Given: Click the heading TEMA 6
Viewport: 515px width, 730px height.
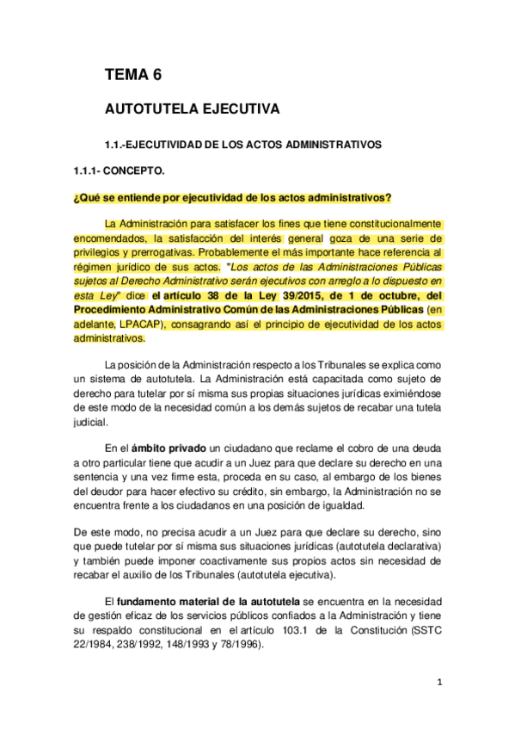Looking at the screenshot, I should (132, 75).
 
